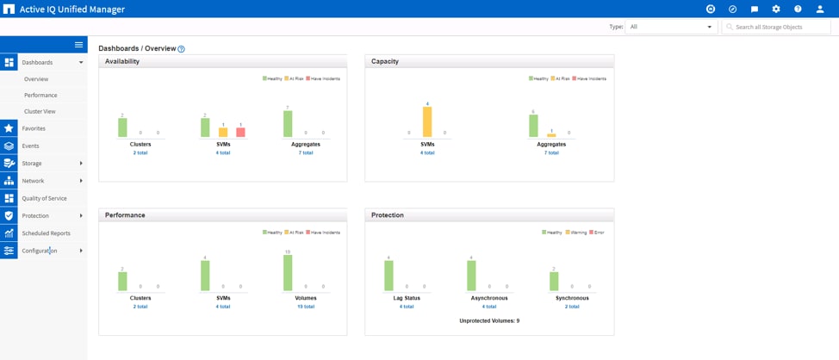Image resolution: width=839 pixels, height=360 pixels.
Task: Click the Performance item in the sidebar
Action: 40,95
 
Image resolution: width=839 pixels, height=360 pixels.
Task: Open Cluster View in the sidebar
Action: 40,111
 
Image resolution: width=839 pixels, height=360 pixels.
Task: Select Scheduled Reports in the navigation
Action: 46,233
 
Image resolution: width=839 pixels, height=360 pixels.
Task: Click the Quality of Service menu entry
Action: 44,198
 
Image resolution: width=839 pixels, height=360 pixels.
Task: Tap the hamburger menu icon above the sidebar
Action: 78,45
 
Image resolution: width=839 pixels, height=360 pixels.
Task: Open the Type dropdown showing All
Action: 670,27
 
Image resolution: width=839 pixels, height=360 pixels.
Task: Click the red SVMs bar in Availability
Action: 240,132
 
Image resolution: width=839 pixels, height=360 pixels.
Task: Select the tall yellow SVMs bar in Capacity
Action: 427,121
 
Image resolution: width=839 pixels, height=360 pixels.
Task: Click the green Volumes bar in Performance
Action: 288,273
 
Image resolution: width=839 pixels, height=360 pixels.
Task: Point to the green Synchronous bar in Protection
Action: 554,281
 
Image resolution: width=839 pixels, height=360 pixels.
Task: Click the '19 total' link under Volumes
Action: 306,307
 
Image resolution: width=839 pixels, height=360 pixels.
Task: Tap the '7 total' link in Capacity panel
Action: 551,152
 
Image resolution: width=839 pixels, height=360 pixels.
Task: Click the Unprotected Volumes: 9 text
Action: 489,320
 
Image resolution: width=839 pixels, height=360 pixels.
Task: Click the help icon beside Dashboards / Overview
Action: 181,49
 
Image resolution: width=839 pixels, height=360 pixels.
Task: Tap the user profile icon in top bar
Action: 820,9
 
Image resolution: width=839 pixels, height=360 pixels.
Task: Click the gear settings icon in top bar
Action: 776,9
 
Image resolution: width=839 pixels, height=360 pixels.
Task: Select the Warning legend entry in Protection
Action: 575,233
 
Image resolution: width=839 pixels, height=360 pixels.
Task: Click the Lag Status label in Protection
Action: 407,298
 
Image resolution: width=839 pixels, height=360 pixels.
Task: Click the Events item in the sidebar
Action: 30,146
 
